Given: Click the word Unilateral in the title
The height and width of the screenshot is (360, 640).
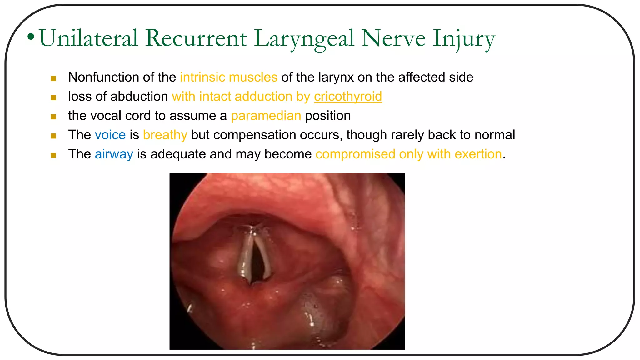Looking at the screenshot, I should (88, 38).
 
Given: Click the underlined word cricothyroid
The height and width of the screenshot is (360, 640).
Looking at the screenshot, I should (348, 97).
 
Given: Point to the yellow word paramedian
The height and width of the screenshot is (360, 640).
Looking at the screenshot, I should (266, 116).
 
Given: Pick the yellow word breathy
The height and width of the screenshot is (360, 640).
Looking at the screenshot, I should (165, 135).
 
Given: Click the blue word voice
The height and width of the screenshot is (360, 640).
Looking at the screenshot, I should (110, 135).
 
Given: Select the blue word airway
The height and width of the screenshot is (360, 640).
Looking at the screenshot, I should (114, 154).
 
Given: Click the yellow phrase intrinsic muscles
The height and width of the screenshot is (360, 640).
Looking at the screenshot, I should (229, 77).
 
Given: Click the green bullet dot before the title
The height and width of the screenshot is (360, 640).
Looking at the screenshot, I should (31, 37).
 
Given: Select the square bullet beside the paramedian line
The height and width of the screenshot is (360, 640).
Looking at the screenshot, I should (53, 117).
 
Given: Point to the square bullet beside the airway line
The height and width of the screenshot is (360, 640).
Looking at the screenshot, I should (53, 155).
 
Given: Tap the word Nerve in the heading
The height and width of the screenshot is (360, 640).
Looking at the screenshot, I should (393, 38).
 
